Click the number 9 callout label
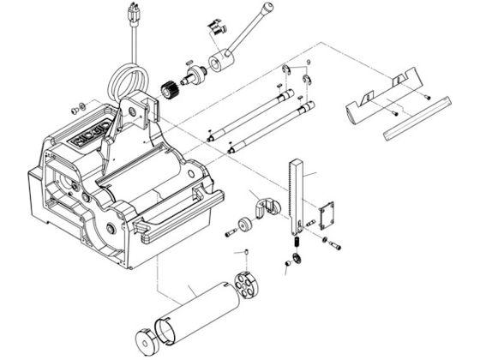[x=298, y=63]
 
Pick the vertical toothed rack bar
[x=297, y=197]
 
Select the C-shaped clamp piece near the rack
[x=269, y=209]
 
